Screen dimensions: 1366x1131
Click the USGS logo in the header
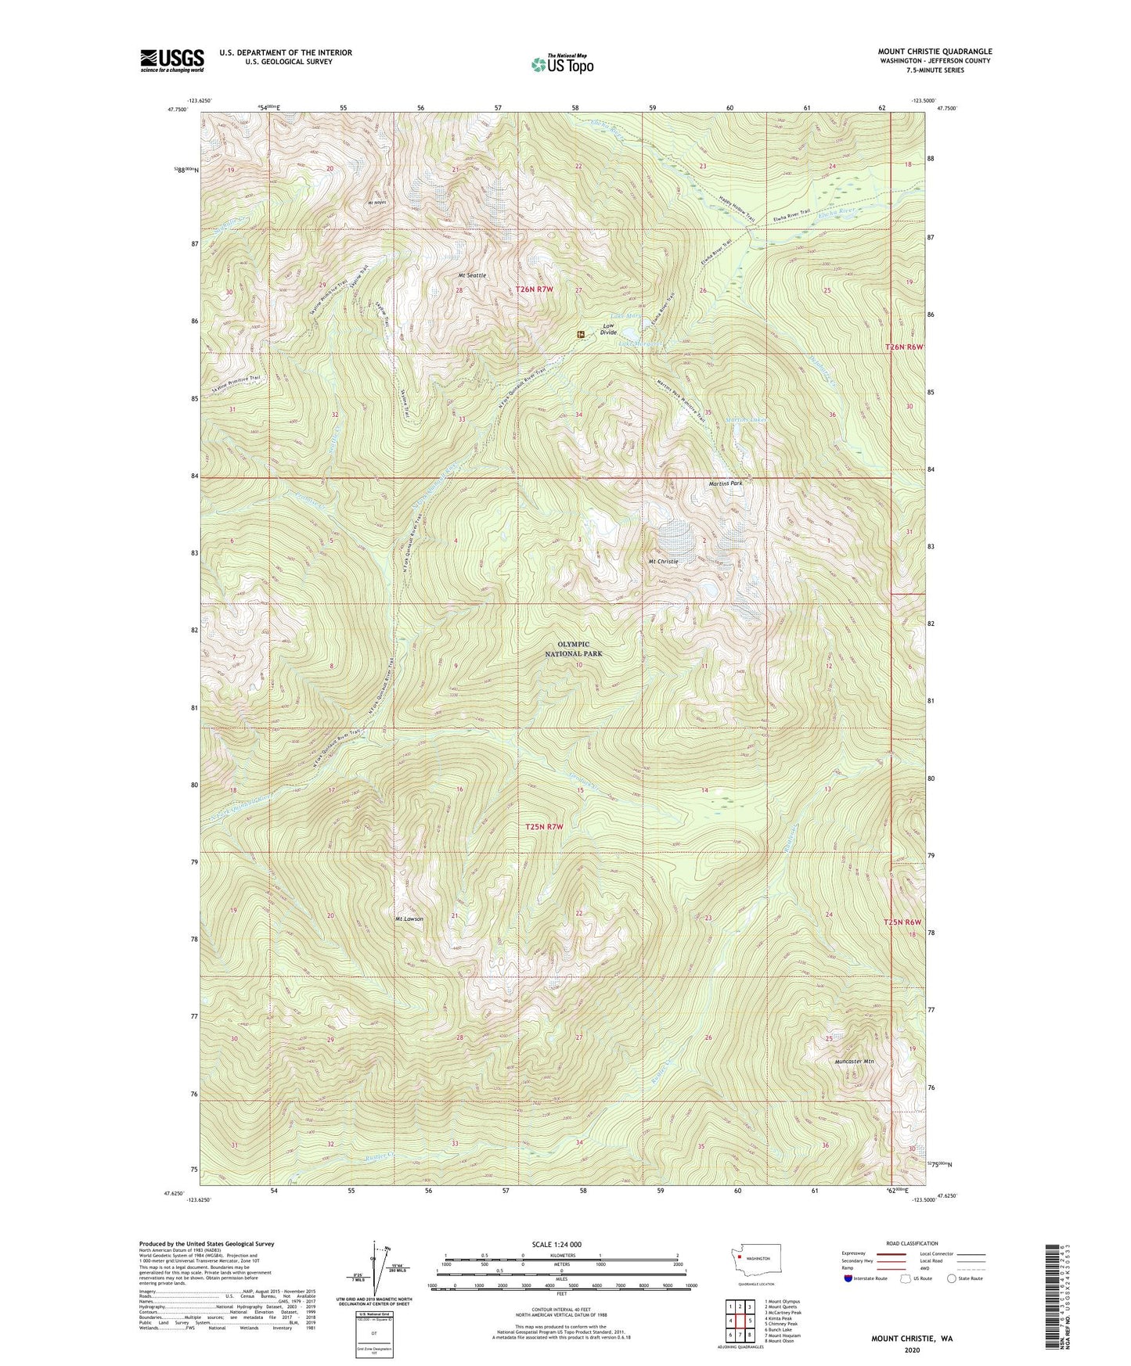pyautogui.click(x=172, y=59)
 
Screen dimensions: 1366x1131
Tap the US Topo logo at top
pyautogui.click(x=562, y=64)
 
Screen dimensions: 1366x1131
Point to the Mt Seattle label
pyautogui.click(x=472, y=275)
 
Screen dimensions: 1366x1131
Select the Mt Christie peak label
pyautogui.click(x=662, y=562)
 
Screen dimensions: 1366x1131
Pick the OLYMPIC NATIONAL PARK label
pyautogui.click(x=575, y=649)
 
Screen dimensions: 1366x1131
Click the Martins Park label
pyautogui.click(x=725, y=483)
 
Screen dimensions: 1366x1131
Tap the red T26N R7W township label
pyautogui.click(x=535, y=289)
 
